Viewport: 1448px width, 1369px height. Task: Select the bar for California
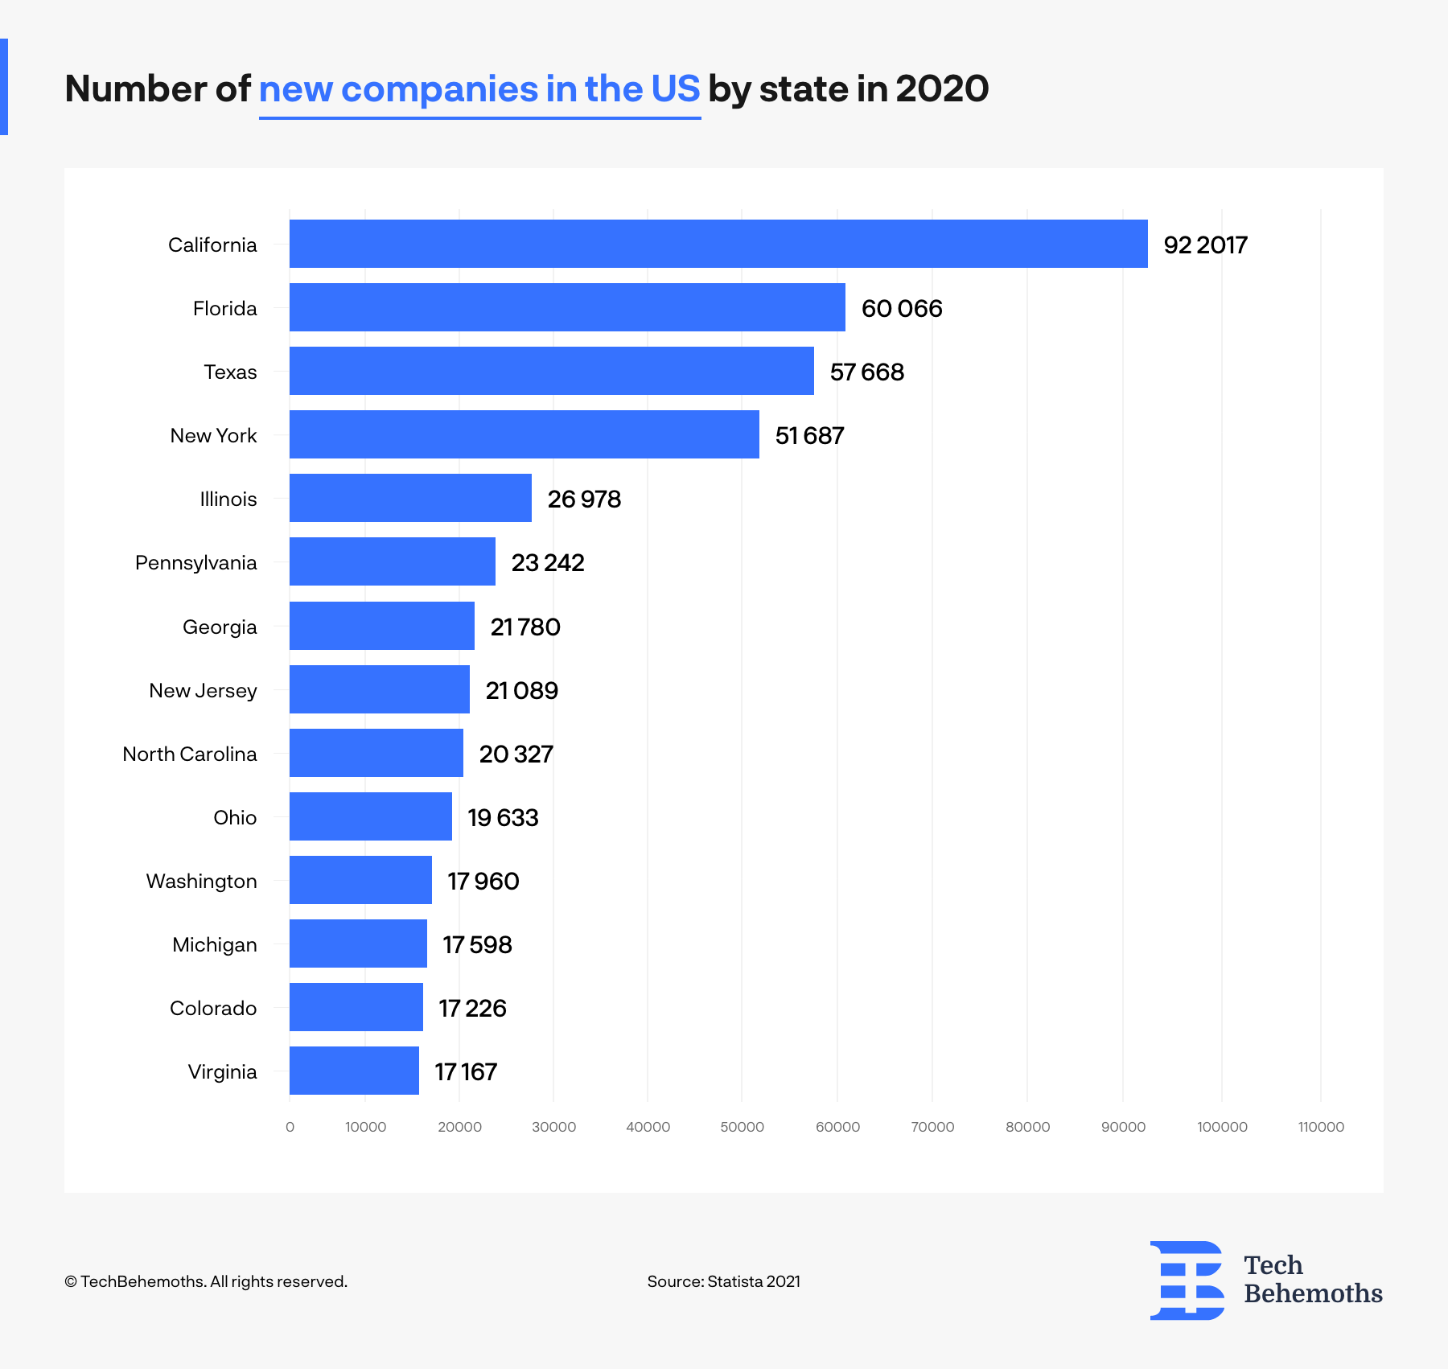pos(718,244)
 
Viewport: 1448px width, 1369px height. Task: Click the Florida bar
pos(567,307)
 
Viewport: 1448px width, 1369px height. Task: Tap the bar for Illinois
pos(410,498)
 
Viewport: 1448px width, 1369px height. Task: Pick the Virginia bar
pos(354,1071)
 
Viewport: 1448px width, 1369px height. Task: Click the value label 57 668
pos(866,372)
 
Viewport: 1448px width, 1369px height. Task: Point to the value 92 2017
pos(1204,245)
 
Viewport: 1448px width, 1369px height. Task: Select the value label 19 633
pos(503,817)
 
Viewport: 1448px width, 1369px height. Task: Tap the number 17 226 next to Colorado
pos(472,1008)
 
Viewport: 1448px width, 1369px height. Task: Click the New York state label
pos(213,435)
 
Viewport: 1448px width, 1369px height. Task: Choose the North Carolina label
pos(190,754)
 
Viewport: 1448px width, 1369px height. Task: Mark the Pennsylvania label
pos(195,562)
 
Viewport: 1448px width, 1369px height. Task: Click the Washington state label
pos(201,881)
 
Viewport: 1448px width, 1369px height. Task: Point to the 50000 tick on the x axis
pos(742,1127)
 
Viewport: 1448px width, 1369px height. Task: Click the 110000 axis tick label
pos(1321,1127)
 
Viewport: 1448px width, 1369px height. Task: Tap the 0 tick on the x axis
pos(290,1127)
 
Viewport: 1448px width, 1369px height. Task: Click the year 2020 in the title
pos(941,88)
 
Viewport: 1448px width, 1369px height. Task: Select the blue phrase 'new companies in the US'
pos(479,88)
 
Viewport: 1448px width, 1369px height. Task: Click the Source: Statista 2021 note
pos(723,1281)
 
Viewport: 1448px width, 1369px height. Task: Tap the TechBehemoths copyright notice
pos(206,1281)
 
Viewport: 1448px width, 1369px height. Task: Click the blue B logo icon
pos(1187,1280)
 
